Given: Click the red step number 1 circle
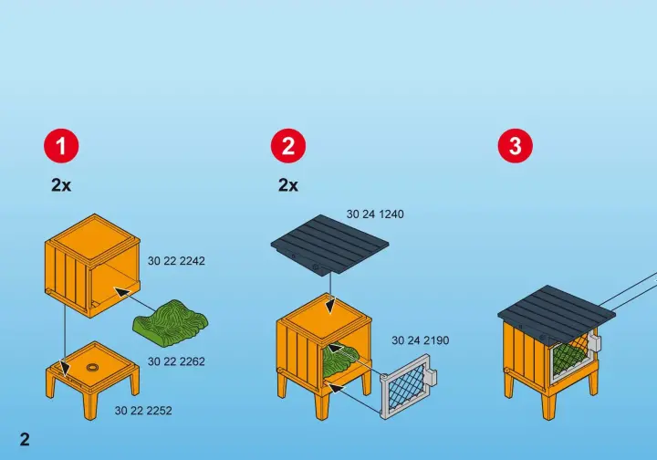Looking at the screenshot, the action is (61, 146).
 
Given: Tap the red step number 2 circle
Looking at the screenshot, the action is (288, 146).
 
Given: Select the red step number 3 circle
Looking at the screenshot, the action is (516, 146).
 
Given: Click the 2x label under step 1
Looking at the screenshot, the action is (61, 184).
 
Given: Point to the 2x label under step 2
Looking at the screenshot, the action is (288, 184).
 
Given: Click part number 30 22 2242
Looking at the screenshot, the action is (176, 261).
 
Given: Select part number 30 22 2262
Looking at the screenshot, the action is (176, 361).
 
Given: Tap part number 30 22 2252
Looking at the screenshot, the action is (143, 411).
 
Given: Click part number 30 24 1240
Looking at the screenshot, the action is (375, 214).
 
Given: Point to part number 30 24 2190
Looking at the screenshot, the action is (421, 340).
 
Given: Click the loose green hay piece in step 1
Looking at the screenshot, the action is (170, 323).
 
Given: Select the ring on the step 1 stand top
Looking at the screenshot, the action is (92, 368).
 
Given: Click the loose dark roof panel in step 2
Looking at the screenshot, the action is (330, 246).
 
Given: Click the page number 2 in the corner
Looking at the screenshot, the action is (25, 439).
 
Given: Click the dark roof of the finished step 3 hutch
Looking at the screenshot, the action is (557, 311).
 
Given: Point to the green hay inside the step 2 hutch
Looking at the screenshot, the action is (341, 359).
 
